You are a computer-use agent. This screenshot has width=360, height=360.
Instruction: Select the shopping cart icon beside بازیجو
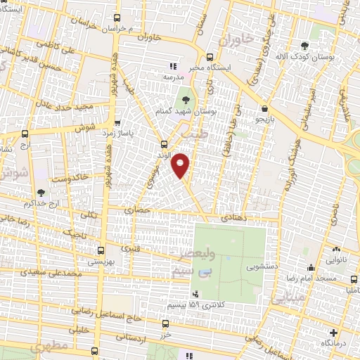(264, 110)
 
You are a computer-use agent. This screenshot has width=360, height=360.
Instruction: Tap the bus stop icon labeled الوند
(164, 144)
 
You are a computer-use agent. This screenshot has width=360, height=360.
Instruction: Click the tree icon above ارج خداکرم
(41, 192)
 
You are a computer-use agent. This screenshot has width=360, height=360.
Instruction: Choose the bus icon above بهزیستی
(101, 250)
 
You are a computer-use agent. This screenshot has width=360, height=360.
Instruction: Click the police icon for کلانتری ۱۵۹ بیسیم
(195, 293)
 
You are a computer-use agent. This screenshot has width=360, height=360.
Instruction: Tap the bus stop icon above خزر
(165, 323)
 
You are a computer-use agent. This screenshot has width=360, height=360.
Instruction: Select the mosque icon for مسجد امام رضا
(311, 268)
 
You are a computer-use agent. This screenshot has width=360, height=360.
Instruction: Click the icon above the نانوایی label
(336, 247)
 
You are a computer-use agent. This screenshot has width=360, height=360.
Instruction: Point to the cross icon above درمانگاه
(333, 332)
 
